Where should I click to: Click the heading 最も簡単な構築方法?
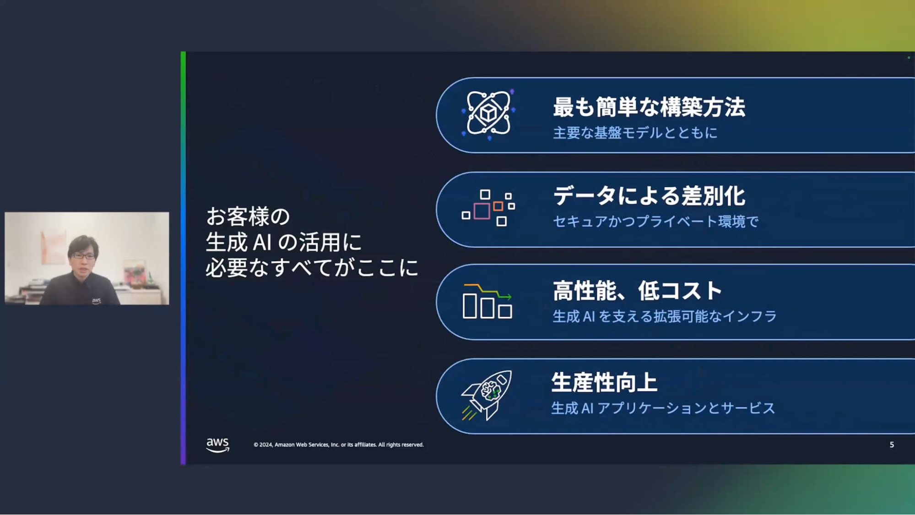(649, 107)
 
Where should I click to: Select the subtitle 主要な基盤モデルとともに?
(635, 133)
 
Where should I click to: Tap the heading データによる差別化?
(649, 196)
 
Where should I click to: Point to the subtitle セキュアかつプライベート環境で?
(655, 222)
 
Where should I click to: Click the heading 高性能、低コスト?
(637, 291)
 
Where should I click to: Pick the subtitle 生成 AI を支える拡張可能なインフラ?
(665, 316)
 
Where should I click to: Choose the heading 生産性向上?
(604, 383)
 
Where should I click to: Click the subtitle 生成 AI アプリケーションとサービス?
(663, 408)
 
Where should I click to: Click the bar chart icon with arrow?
(487, 301)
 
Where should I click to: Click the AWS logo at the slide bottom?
(217, 445)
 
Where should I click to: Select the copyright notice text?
(339, 445)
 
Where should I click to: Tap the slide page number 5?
(892, 445)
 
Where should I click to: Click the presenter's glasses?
(83, 256)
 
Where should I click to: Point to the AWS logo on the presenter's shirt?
(96, 301)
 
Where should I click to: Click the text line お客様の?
(248, 217)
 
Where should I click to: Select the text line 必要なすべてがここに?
(312, 267)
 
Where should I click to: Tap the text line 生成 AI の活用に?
(284, 242)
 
